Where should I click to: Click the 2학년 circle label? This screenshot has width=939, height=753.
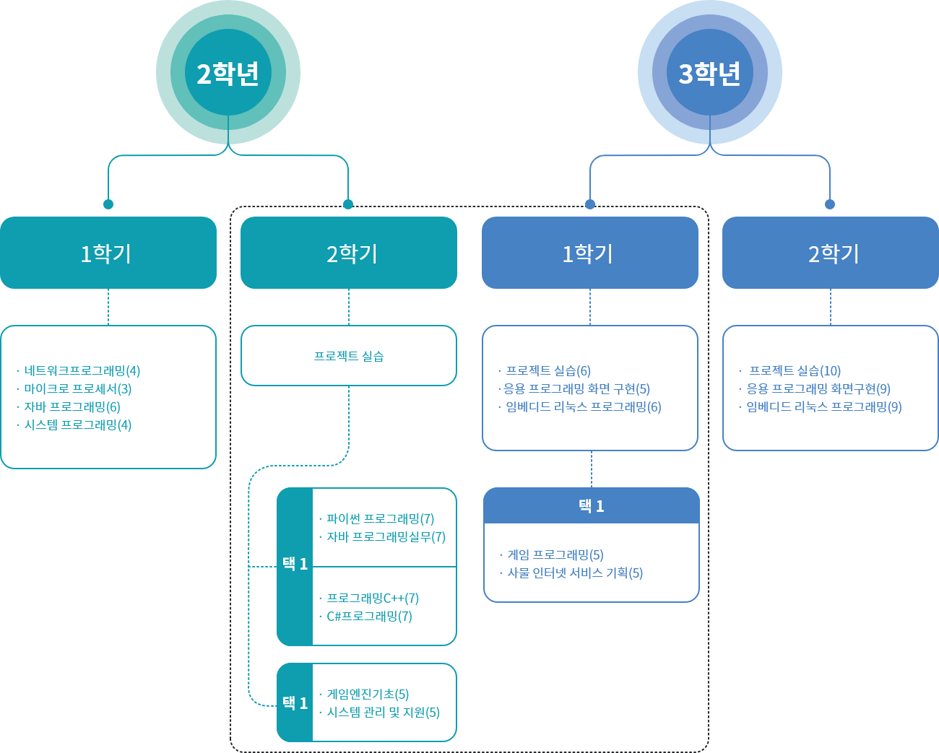(228, 74)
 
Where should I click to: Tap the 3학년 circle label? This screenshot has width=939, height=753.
(709, 74)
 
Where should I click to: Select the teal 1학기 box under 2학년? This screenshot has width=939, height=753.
(108, 253)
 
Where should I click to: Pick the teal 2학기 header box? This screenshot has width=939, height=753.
(349, 253)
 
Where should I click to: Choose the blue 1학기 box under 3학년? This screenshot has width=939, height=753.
(590, 253)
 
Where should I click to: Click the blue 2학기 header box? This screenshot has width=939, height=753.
(831, 253)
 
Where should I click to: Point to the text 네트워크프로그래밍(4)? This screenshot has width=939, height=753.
(82, 371)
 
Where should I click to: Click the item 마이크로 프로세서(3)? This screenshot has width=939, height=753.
(78, 388)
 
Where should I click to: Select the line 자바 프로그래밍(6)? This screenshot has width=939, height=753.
(72, 407)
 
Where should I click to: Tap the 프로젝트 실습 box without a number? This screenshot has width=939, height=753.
(349, 355)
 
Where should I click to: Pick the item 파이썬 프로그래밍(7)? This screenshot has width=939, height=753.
(380, 518)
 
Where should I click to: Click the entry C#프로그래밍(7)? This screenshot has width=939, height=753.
(369, 616)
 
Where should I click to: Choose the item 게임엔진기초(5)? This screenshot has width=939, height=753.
(368, 694)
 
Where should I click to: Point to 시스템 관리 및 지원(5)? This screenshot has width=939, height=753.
(383, 713)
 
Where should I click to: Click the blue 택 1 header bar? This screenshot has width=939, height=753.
(592, 505)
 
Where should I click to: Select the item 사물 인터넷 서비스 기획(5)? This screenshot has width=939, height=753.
(575, 573)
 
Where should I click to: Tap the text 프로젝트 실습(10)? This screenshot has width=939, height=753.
(795, 371)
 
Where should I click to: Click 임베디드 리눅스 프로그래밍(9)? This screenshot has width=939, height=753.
(824, 407)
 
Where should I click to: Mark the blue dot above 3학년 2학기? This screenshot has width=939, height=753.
(830, 204)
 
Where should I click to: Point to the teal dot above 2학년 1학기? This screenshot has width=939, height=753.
(108, 204)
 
